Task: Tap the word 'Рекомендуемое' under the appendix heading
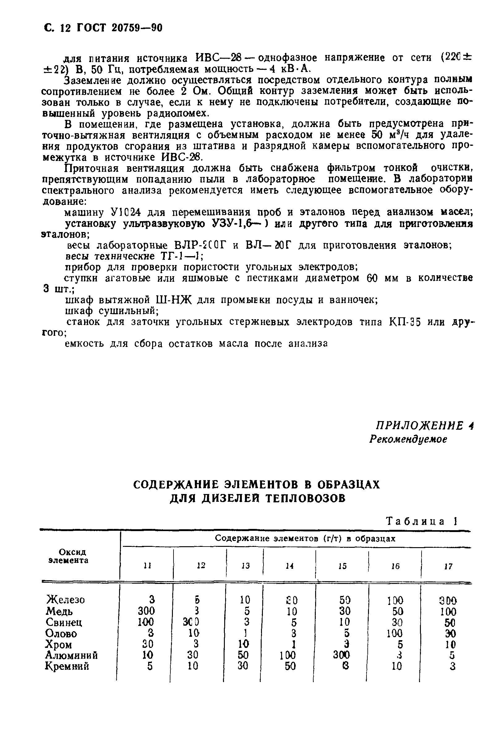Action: click(x=408, y=440)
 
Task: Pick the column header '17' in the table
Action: click(x=448, y=566)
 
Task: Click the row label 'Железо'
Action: click(x=66, y=600)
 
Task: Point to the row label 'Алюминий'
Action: click(x=71, y=655)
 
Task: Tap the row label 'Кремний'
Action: click(x=67, y=666)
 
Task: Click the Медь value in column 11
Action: click(x=146, y=610)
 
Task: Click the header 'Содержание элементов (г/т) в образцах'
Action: click(x=305, y=538)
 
